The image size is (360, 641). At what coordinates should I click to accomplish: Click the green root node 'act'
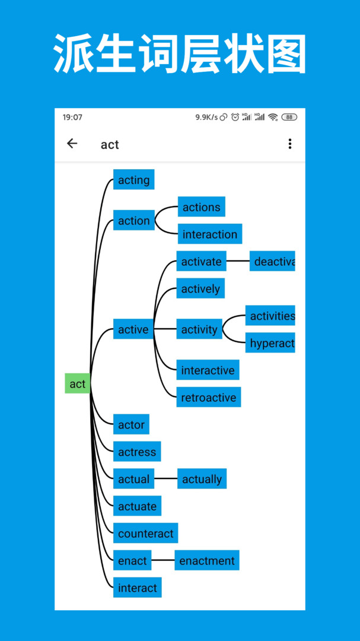pyautogui.click(x=77, y=383)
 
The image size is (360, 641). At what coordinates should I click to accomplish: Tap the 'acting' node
pyautogui.click(x=133, y=180)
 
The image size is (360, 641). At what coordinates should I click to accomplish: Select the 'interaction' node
pyautogui.click(x=209, y=234)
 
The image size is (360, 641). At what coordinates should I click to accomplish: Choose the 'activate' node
pyautogui.click(x=201, y=261)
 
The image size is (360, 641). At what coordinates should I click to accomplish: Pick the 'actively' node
pyautogui.click(x=200, y=288)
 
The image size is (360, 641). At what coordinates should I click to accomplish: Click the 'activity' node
pyautogui.click(x=199, y=329)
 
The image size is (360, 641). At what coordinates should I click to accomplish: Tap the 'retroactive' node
pyautogui.click(x=208, y=397)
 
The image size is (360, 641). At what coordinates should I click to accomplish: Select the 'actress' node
pyautogui.click(x=136, y=452)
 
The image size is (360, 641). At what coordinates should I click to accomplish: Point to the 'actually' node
pyautogui.click(x=202, y=479)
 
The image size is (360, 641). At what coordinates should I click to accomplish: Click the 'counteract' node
pyautogui.click(x=145, y=534)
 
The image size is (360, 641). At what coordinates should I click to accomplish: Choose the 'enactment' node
pyautogui.click(x=207, y=560)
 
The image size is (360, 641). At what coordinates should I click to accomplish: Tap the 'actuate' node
pyautogui.click(x=137, y=506)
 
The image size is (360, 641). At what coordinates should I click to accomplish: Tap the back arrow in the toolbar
pyautogui.click(x=72, y=144)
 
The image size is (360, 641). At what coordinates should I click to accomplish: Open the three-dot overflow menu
pyautogui.click(x=289, y=144)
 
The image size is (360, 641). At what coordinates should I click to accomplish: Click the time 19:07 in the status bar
pyautogui.click(x=72, y=117)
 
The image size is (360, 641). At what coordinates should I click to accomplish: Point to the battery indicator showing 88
pyautogui.click(x=289, y=117)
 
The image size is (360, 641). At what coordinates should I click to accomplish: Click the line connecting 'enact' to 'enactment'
pyautogui.click(x=163, y=560)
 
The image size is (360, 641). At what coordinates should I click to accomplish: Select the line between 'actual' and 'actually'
pyautogui.click(x=165, y=479)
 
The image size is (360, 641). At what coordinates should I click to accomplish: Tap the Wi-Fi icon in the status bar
pyautogui.click(x=273, y=117)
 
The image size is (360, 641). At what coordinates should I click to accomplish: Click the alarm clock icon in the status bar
pyautogui.click(x=235, y=117)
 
